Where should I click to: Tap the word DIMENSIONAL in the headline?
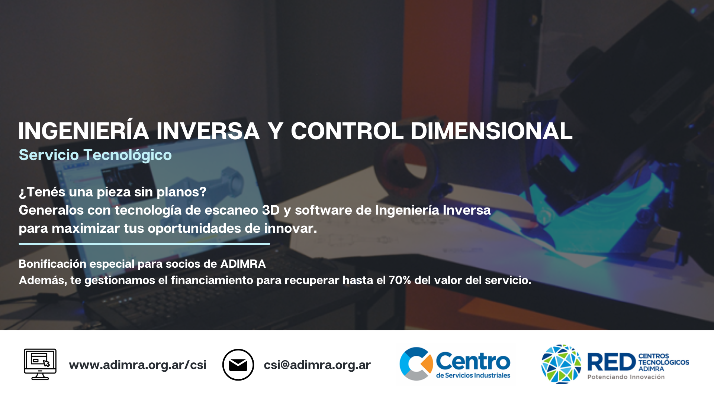(x=492, y=131)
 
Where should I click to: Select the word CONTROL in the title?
(x=347, y=131)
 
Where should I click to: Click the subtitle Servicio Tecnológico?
(x=95, y=155)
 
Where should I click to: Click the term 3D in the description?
(x=271, y=210)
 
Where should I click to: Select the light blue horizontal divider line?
(x=144, y=244)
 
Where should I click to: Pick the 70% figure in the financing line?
(x=400, y=280)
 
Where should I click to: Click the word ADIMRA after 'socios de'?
(x=243, y=264)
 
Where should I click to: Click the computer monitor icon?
(x=40, y=364)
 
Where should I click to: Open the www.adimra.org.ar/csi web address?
(x=138, y=365)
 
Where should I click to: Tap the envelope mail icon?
(x=238, y=365)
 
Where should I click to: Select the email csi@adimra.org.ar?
(x=317, y=365)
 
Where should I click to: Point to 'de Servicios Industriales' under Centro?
(x=473, y=375)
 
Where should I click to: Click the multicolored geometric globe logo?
(x=561, y=364)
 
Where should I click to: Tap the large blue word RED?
(x=611, y=362)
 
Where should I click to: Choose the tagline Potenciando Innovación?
(x=626, y=377)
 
